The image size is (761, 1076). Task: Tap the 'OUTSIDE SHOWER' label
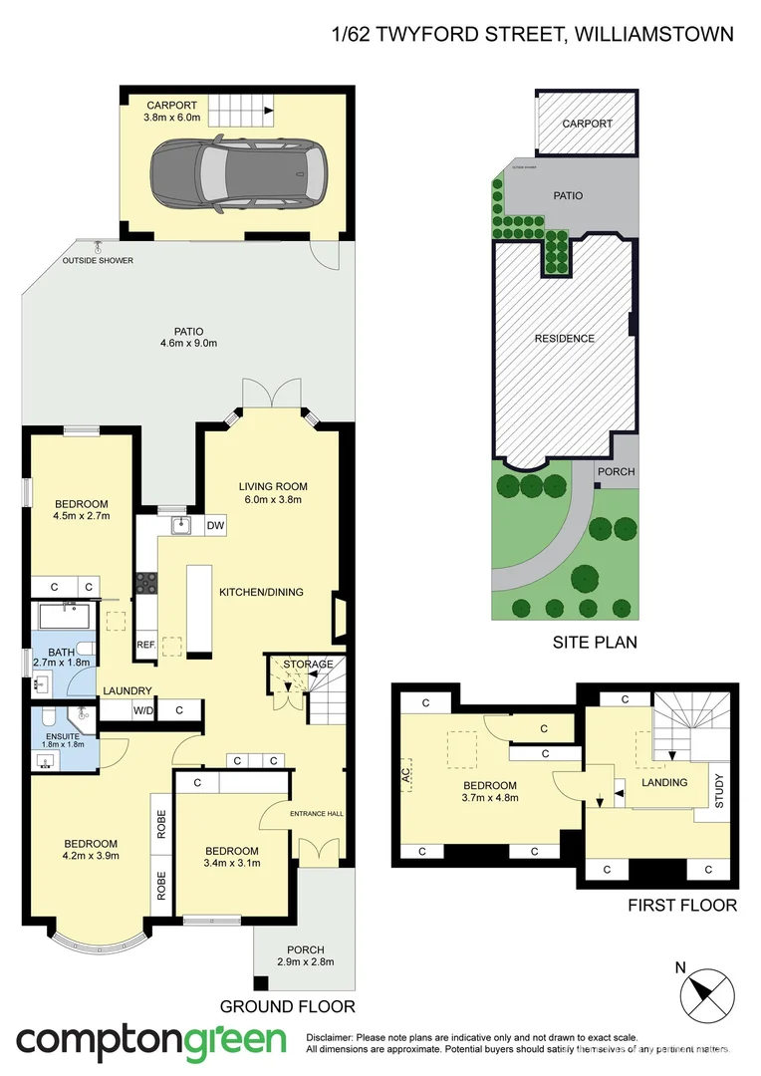coord(97,261)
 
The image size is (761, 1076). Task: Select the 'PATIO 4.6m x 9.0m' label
coord(188,338)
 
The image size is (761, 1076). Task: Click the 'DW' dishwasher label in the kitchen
coord(215,525)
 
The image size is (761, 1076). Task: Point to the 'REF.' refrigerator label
coord(145,644)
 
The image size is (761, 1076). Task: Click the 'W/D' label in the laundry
coord(142,710)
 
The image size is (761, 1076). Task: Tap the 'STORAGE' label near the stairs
coord(308,664)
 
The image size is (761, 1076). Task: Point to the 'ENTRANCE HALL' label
coord(316,814)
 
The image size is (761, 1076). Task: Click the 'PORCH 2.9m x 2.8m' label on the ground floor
coord(306,955)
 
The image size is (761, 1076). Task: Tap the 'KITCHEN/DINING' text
coord(261,592)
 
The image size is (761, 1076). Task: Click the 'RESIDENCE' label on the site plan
coord(565,339)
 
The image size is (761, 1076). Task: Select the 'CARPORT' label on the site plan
coord(587,124)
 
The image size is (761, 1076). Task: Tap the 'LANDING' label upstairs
coord(664,782)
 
